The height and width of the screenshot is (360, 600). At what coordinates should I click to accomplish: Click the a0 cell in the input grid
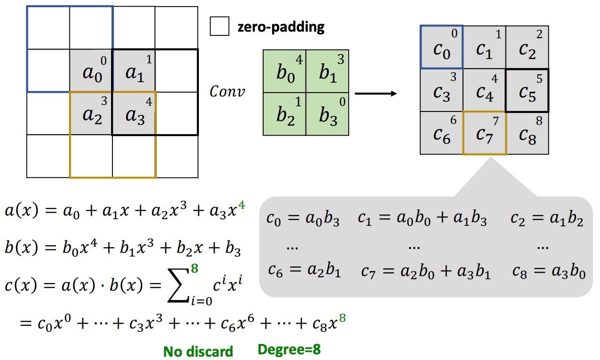pyautogui.click(x=91, y=70)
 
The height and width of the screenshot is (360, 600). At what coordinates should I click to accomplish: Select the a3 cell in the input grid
pyautogui.click(x=134, y=113)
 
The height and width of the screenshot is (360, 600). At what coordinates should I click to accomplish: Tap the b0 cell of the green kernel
pyautogui.click(x=284, y=71)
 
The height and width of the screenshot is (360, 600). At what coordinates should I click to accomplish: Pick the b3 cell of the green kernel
pyautogui.click(x=327, y=114)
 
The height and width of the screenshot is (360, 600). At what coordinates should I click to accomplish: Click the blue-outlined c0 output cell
pyautogui.click(x=442, y=47)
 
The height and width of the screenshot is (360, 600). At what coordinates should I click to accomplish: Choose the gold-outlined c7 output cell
pyautogui.click(x=485, y=133)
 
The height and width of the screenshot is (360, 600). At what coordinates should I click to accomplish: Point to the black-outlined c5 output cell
pyautogui.click(x=527, y=90)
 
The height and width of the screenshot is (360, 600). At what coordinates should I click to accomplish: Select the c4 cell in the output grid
pyautogui.click(x=485, y=90)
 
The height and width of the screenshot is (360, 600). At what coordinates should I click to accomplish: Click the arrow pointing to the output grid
pyautogui.click(x=376, y=94)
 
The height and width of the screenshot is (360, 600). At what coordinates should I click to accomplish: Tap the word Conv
pyautogui.click(x=227, y=91)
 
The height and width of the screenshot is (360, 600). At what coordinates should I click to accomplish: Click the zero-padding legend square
pyautogui.click(x=219, y=26)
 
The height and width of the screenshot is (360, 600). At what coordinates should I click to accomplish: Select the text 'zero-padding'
pyautogui.click(x=281, y=27)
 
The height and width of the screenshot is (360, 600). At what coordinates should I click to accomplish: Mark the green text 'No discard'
pyautogui.click(x=198, y=351)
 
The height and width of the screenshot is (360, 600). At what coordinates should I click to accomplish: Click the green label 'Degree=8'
pyautogui.click(x=289, y=350)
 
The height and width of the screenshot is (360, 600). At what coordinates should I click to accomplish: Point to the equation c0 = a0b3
pyautogui.click(x=303, y=219)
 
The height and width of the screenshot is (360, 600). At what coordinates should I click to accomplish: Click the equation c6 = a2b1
pyautogui.click(x=304, y=271)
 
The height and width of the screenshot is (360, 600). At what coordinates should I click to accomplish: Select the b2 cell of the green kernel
pyautogui.click(x=284, y=114)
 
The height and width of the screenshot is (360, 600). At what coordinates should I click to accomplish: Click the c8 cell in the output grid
pyautogui.click(x=527, y=133)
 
